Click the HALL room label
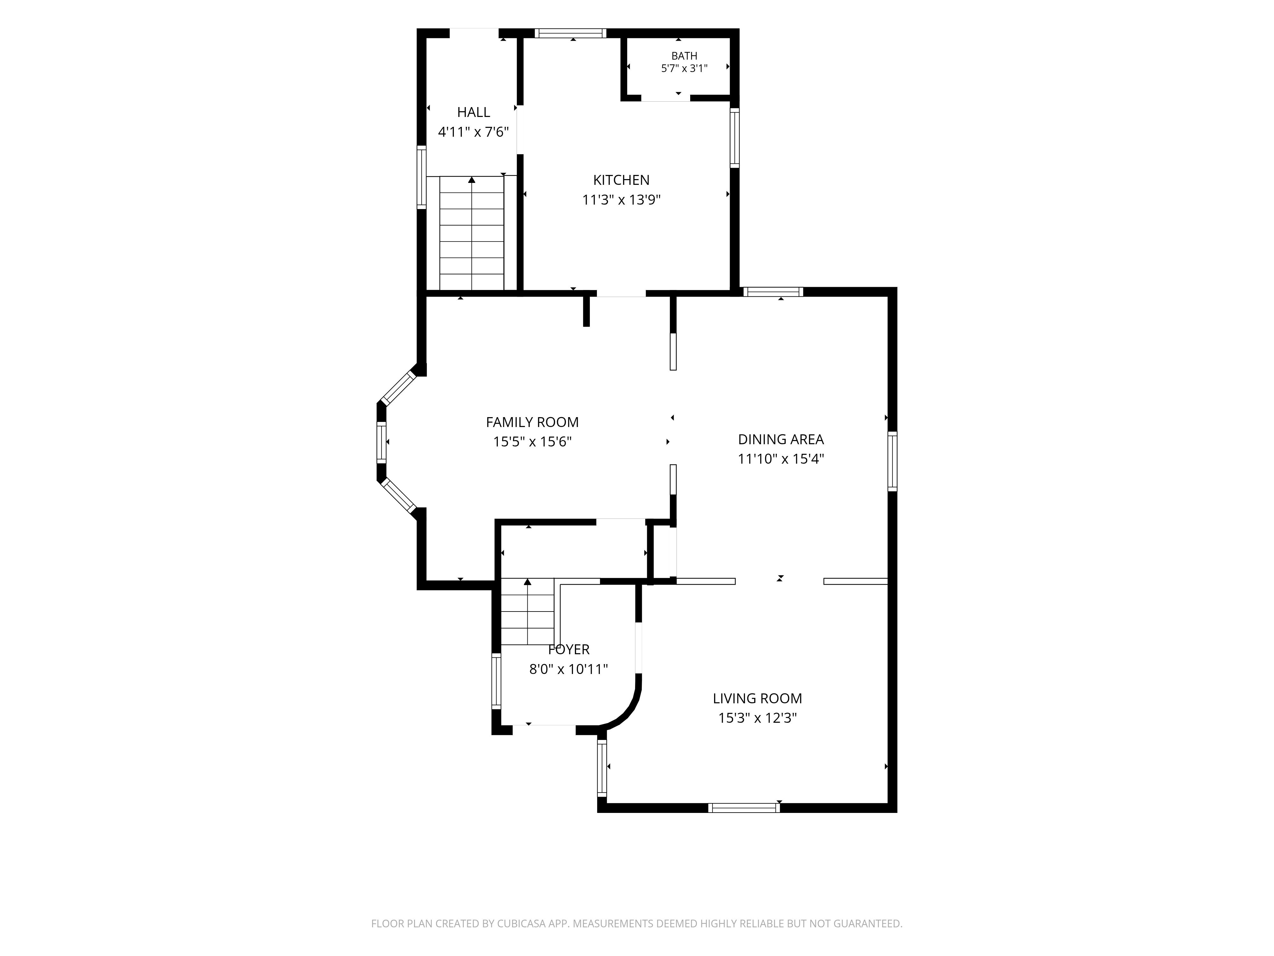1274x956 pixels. coord(473,112)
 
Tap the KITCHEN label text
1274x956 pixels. coord(621,180)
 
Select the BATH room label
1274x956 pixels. coord(684,56)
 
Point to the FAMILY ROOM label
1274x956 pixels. coord(532,422)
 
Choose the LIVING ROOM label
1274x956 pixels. coord(757,699)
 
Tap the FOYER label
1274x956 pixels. coord(569,649)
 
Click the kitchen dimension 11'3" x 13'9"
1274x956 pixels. coord(621,200)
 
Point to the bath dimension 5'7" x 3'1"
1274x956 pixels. coord(684,68)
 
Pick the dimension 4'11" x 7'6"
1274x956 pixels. coord(473,132)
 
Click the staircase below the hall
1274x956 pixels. coord(472,233)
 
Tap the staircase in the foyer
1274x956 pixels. coord(527,612)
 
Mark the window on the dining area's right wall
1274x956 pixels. coord(892,461)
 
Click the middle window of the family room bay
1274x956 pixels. coord(381,442)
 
